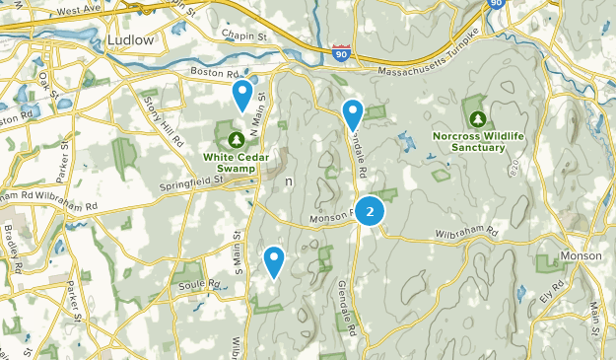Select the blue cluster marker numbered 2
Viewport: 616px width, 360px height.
(x=370, y=211)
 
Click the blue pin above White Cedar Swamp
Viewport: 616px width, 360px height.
(x=241, y=96)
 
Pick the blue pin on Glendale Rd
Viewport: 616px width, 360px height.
(x=352, y=114)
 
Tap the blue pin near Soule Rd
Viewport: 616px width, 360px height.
(x=274, y=261)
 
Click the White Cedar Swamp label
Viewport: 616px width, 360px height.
(x=237, y=156)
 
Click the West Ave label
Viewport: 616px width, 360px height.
(x=78, y=11)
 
